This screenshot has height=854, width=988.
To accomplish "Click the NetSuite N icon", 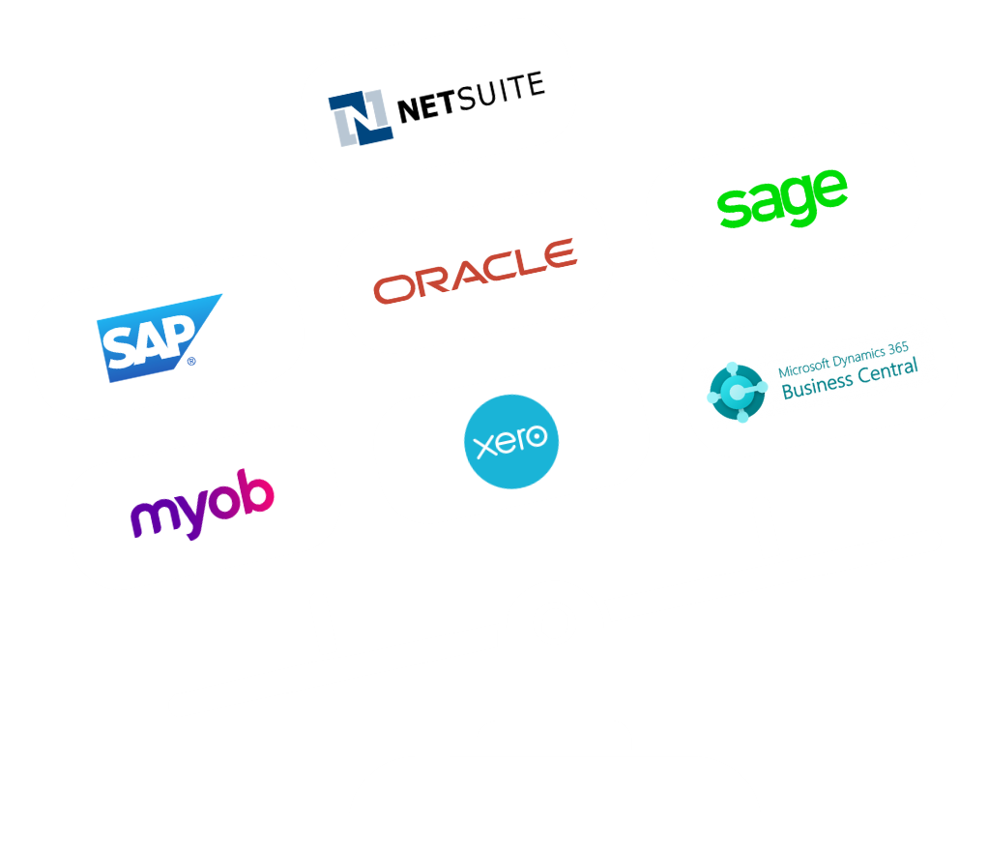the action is pyautogui.click(x=361, y=119).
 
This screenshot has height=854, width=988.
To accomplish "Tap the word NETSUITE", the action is pyautogui.click(x=471, y=97).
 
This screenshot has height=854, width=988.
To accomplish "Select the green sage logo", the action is pyautogui.click(x=783, y=198).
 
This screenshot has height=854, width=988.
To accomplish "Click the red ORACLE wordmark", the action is pyautogui.click(x=475, y=271).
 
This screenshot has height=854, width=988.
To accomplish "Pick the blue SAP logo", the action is pyautogui.click(x=159, y=338).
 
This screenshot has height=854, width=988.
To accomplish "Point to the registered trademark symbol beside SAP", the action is pyautogui.click(x=191, y=361).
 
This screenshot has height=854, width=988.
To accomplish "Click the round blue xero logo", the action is pyautogui.click(x=511, y=441).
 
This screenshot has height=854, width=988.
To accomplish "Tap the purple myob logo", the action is pyautogui.click(x=202, y=504).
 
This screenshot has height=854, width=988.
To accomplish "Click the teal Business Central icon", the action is pyautogui.click(x=738, y=392).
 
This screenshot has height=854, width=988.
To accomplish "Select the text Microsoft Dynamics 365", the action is pyautogui.click(x=843, y=359).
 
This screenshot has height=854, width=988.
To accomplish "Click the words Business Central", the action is pyautogui.click(x=850, y=379).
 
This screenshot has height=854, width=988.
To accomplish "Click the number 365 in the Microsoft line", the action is pyautogui.click(x=898, y=348).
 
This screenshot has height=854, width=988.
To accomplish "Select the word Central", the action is pyautogui.click(x=887, y=371).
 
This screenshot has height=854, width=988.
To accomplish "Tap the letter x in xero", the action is pyautogui.click(x=486, y=446).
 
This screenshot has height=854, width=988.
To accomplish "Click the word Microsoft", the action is pyautogui.click(x=804, y=368).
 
